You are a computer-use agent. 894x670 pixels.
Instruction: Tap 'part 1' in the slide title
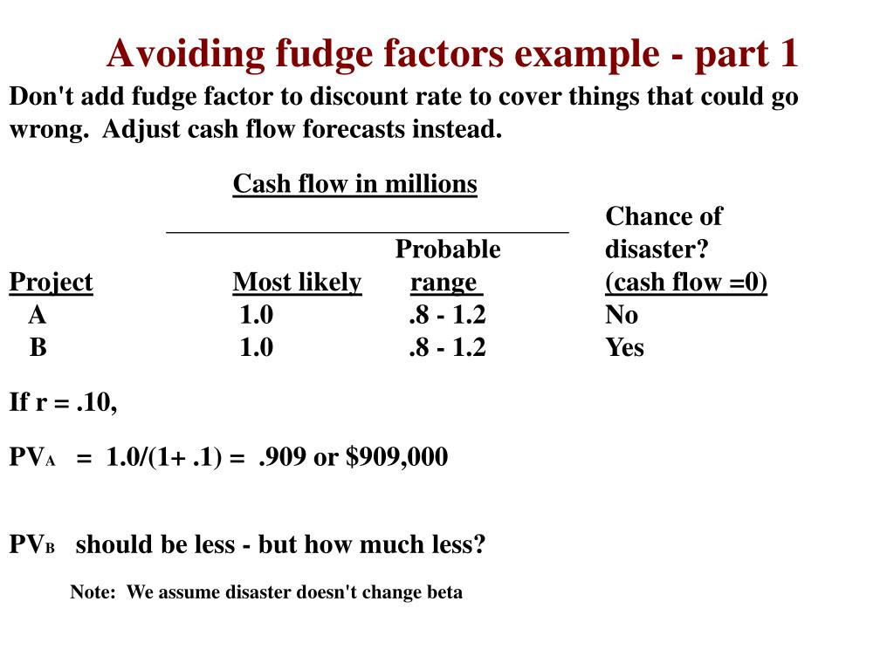[747, 54]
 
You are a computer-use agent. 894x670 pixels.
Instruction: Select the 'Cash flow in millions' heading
[354, 184]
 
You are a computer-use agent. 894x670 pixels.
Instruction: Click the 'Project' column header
[51, 282]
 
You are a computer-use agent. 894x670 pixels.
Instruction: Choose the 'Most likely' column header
[297, 282]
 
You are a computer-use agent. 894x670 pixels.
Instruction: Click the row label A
[37, 314]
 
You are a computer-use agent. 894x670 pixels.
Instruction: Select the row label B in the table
[38, 347]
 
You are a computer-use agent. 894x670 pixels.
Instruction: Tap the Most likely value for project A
[257, 314]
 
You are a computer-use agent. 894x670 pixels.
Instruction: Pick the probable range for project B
[447, 347]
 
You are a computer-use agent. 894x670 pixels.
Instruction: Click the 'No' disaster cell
[622, 314]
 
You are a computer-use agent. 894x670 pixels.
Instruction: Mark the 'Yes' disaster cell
[624, 347]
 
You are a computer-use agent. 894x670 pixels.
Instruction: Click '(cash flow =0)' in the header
[686, 282]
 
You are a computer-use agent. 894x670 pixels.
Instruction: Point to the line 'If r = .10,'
[63, 401]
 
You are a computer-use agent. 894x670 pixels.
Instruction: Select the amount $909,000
[396, 456]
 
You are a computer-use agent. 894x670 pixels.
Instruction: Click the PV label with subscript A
[32, 457]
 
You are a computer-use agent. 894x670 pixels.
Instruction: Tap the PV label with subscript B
[32, 545]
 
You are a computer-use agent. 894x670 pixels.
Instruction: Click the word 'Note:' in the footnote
[93, 592]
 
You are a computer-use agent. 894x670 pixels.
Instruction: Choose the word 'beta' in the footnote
[444, 592]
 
